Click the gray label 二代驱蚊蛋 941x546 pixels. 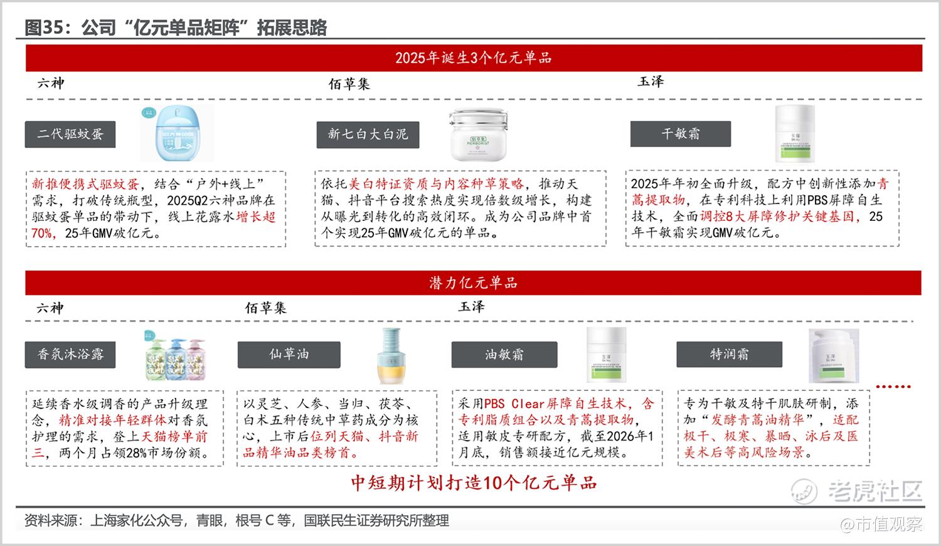(70, 134)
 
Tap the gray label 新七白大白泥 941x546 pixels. (368, 134)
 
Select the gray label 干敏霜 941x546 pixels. (681, 134)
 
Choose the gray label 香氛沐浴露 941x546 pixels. (70, 355)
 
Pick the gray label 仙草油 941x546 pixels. (289, 355)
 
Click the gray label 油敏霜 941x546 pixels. (504, 355)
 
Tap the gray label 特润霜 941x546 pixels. (729, 355)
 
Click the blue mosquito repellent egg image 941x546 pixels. (178, 133)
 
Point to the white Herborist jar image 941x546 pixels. (479, 134)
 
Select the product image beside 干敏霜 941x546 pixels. (795, 134)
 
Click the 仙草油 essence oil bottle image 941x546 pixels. (391, 356)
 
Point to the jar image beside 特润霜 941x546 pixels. (834, 356)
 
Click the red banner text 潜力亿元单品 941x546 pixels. (473, 283)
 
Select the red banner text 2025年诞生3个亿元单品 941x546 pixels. (473, 58)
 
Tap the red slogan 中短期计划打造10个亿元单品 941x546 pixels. (474, 483)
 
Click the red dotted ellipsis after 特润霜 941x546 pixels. (893, 387)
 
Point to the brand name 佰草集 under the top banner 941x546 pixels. (349, 84)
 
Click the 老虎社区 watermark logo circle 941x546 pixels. (804, 491)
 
